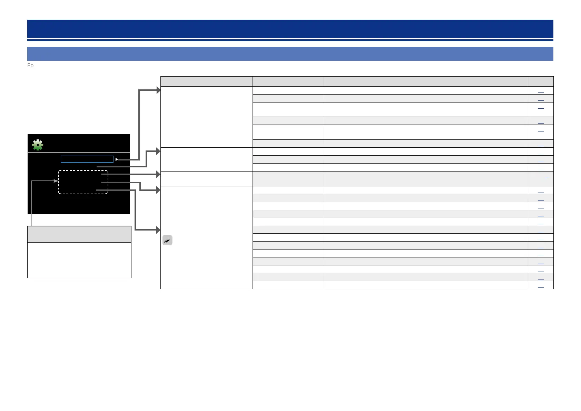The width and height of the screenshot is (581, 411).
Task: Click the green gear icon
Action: [x=38, y=145]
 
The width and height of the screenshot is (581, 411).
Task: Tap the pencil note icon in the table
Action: [x=167, y=240]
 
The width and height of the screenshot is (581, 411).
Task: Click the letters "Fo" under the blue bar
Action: [x=30, y=66]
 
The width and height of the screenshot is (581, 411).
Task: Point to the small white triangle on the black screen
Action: [x=117, y=159]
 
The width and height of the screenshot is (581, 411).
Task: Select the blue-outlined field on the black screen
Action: [x=87, y=159]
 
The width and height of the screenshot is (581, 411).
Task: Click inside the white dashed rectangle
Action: [x=83, y=182]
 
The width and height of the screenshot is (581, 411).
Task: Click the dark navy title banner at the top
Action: [x=290, y=29]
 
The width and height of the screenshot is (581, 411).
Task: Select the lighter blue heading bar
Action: [x=290, y=54]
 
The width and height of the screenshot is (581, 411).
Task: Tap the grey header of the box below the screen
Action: [x=79, y=234]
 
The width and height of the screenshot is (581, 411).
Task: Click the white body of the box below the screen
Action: [x=79, y=260]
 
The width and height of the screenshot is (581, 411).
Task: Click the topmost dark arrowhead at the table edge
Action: [x=158, y=90]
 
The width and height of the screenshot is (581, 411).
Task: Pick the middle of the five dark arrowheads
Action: [x=158, y=175]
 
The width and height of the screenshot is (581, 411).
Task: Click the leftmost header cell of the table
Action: [x=206, y=81]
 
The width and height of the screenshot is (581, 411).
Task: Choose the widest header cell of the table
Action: [x=425, y=81]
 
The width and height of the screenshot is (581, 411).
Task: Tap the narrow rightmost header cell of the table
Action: [x=540, y=81]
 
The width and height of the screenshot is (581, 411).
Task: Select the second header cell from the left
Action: [x=288, y=81]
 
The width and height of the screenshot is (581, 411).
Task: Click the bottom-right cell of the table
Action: [x=540, y=285]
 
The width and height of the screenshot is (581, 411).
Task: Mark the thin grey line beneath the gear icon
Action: [x=79, y=152]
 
